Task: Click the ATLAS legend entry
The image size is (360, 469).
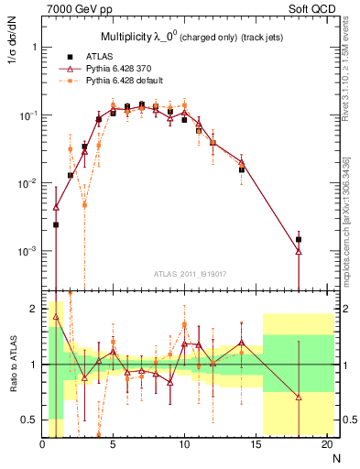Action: pyautogui.click(x=99, y=56)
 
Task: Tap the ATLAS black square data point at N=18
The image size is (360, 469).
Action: pyautogui.click(x=299, y=239)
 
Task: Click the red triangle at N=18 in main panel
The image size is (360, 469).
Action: pyautogui.click(x=299, y=251)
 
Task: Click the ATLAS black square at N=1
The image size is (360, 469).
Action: pyautogui.click(x=56, y=224)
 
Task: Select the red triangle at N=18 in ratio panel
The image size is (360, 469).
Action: pyautogui.click(x=299, y=397)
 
